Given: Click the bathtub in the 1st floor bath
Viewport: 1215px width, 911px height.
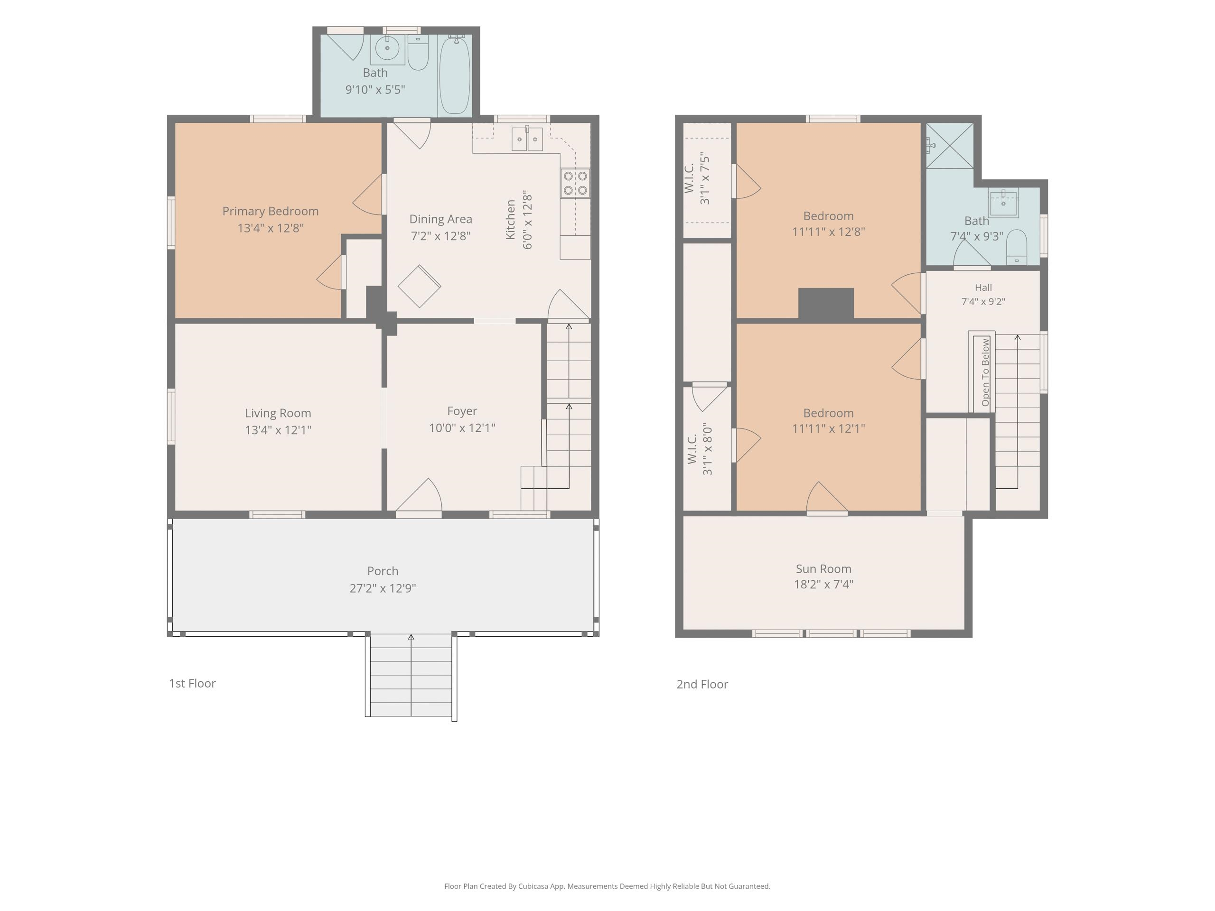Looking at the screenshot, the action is (x=454, y=75).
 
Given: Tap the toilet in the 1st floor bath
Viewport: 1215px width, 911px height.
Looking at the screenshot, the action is (x=418, y=52).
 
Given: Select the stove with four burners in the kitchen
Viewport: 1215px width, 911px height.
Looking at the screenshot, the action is (x=575, y=183).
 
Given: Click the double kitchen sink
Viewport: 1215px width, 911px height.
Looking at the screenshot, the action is (x=527, y=139).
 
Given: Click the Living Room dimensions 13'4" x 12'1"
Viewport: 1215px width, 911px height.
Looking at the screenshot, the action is (x=278, y=430).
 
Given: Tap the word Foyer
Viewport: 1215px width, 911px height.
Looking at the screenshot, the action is (x=462, y=411).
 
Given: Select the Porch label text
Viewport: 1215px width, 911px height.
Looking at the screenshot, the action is (x=383, y=571).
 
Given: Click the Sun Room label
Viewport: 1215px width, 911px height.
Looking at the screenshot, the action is (x=823, y=569).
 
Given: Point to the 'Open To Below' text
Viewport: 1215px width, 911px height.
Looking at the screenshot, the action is (x=985, y=372).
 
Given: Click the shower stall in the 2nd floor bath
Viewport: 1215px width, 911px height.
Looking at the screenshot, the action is (x=950, y=146).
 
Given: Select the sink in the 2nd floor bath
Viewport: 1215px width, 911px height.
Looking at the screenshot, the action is (x=1003, y=203).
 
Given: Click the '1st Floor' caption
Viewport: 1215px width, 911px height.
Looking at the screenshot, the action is (x=192, y=683).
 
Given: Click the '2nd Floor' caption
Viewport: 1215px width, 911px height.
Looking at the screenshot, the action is (x=702, y=684).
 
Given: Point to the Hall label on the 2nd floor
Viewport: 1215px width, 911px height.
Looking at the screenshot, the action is (x=983, y=287).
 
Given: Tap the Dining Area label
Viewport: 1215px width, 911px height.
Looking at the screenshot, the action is (x=440, y=219).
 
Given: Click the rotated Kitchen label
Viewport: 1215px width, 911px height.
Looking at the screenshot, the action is (x=510, y=219).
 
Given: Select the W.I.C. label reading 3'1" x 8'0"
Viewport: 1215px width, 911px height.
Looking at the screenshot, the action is (x=700, y=449).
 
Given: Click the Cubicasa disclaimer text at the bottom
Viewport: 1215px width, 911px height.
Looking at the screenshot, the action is (x=607, y=886).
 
